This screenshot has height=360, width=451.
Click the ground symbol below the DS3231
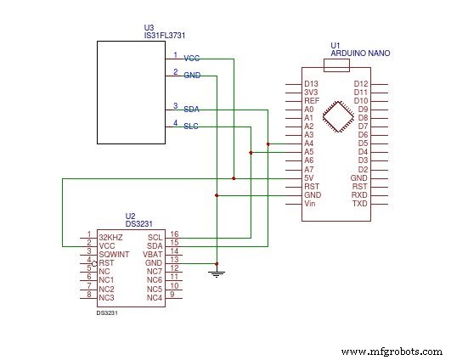[217, 273]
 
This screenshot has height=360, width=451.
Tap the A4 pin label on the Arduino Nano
[309, 143]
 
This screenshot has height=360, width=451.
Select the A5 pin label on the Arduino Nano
[309, 152]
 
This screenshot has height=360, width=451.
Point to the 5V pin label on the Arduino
[309, 177]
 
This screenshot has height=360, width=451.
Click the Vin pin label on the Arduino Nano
[310, 204]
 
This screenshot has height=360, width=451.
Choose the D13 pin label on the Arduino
[311, 83]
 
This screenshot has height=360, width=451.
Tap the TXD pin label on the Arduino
[360, 204]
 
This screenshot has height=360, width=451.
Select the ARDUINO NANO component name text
[359, 53]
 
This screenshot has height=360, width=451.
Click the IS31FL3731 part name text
[166, 36]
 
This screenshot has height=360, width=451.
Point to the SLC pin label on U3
[191, 127]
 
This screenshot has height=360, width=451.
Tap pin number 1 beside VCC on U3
[176, 55]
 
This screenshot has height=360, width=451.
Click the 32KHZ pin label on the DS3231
[111, 237]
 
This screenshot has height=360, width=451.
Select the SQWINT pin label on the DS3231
[114, 254]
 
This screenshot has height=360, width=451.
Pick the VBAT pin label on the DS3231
[153, 254]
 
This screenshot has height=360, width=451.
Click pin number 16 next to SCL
[174, 233]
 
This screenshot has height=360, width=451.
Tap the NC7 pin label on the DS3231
[154, 271]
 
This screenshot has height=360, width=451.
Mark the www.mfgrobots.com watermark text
[391, 351]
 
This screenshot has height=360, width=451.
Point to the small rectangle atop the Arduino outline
[338, 65]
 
